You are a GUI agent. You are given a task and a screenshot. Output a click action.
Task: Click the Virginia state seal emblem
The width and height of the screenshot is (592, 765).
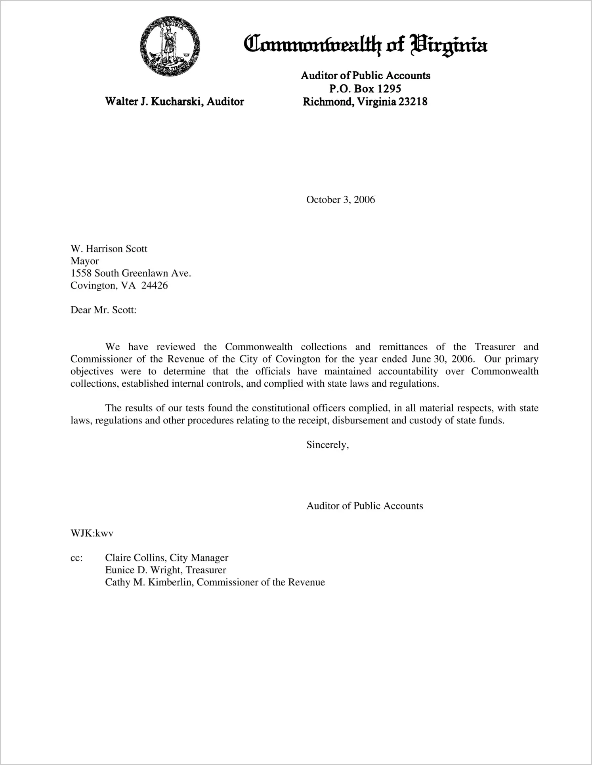click(x=170, y=47)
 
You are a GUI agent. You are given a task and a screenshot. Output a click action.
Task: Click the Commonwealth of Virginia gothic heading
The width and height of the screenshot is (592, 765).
click(x=365, y=45)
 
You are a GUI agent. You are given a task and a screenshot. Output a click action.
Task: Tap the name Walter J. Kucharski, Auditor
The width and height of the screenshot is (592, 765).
click(x=174, y=101)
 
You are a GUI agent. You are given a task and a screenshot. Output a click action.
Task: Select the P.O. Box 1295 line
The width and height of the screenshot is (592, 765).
click(x=365, y=88)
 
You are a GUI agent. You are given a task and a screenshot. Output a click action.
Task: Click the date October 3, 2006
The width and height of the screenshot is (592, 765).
click(x=340, y=200)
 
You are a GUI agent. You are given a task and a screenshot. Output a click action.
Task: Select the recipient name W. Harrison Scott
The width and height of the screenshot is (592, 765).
click(x=109, y=249)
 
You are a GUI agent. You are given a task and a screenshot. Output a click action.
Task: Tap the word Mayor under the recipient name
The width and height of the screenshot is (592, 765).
click(x=84, y=261)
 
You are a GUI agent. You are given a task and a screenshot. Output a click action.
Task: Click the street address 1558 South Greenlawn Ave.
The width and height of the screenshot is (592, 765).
click(x=130, y=273)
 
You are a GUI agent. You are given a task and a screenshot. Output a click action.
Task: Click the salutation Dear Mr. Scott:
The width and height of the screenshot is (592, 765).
click(x=103, y=310)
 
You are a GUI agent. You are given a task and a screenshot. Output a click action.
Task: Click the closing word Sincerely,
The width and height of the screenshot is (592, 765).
click(x=327, y=445)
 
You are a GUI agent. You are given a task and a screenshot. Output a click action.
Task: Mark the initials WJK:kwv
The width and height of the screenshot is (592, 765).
click(x=92, y=533)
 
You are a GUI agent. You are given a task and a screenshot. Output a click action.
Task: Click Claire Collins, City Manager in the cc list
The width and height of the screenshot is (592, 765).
click(x=166, y=558)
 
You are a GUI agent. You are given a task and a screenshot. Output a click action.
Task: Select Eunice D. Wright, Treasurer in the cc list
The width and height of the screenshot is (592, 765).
click(x=165, y=570)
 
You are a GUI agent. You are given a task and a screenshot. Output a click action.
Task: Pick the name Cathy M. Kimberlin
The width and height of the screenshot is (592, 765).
click(x=149, y=582)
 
